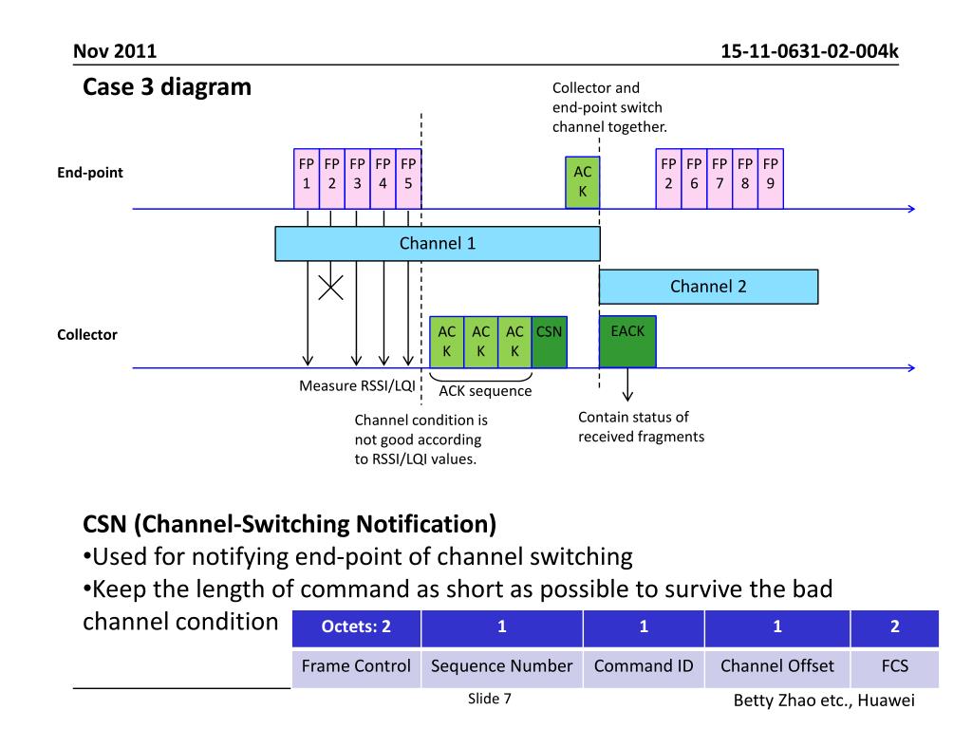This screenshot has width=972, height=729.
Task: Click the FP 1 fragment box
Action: tap(307, 178)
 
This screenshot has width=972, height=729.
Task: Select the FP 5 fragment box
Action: tap(408, 178)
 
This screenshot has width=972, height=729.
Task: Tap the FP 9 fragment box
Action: tap(771, 178)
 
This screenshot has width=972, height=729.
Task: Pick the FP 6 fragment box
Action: tap(694, 178)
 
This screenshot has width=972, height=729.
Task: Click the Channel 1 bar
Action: tap(438, 244)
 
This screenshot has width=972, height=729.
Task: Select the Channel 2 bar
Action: tap(708, 287)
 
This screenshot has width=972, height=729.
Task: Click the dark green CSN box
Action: tap(550, 342)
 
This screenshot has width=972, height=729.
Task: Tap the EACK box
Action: tap(627, 342)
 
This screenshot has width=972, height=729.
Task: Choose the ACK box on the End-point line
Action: tap(582, 182)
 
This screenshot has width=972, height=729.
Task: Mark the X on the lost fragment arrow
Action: tap(331, 288)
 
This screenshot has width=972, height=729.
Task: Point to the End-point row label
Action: tap(90, 173)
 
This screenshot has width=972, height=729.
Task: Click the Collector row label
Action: tap(87, 335)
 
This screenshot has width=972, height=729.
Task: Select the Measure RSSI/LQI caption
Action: tap(357, 385)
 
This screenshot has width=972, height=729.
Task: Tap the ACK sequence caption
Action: tap(485, 391)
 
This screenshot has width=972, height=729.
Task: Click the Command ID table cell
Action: tap(644, 666)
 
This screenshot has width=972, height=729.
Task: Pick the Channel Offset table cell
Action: tap(777, 666)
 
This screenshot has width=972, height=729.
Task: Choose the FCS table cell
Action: tap(894, 666)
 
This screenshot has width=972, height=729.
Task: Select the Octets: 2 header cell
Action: tap(357, 627)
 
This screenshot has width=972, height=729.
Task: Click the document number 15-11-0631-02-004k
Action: tap(810, 51)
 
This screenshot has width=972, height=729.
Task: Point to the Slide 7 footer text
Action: tap(490, 699)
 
